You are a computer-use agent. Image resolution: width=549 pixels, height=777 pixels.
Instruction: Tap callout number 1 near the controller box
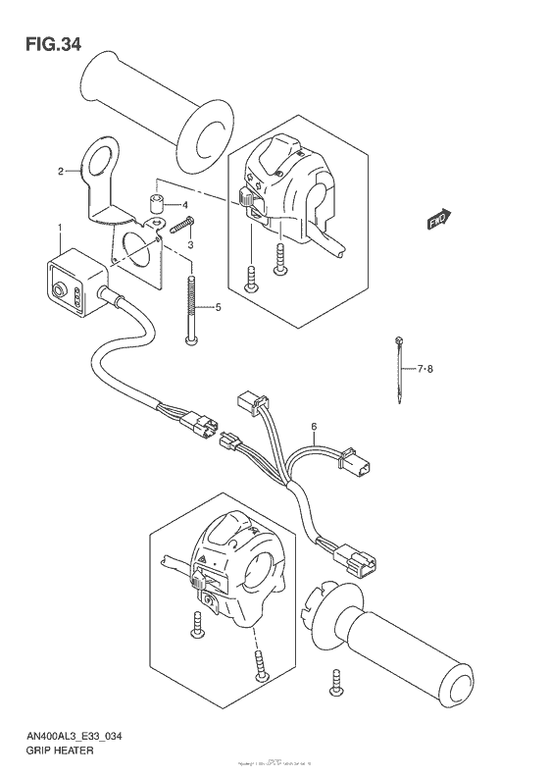[60, 228]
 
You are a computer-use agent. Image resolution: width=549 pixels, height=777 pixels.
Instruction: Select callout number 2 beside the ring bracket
[60, 172]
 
